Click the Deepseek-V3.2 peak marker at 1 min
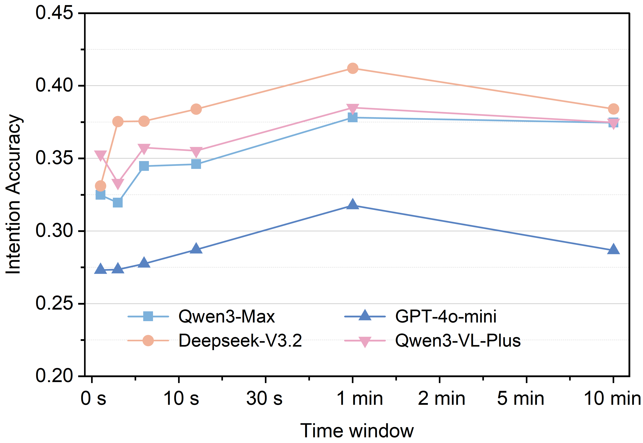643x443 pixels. click(x=352, y=68)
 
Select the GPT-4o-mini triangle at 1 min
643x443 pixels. click(x=352, y=205)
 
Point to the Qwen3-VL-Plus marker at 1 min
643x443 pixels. click(x=352, y=108)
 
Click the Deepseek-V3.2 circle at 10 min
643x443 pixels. click(x=613, y=109)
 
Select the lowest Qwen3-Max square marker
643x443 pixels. click(x=118, y=203)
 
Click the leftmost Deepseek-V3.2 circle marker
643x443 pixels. click(x=101, y=186)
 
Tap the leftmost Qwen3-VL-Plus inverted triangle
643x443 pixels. click(x=101, y=155)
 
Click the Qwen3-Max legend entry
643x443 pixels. click(x=226, y=316)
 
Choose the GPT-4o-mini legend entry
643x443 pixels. click(x=445, y=316)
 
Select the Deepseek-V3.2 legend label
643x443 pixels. click(x=240, y=341)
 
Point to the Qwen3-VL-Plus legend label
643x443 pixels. click(x=458, y=341)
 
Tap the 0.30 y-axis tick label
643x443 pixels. click(x=54, y=231)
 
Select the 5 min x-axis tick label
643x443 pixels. click(x=521, y=398)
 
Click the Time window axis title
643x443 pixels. click(x=357, y=431)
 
